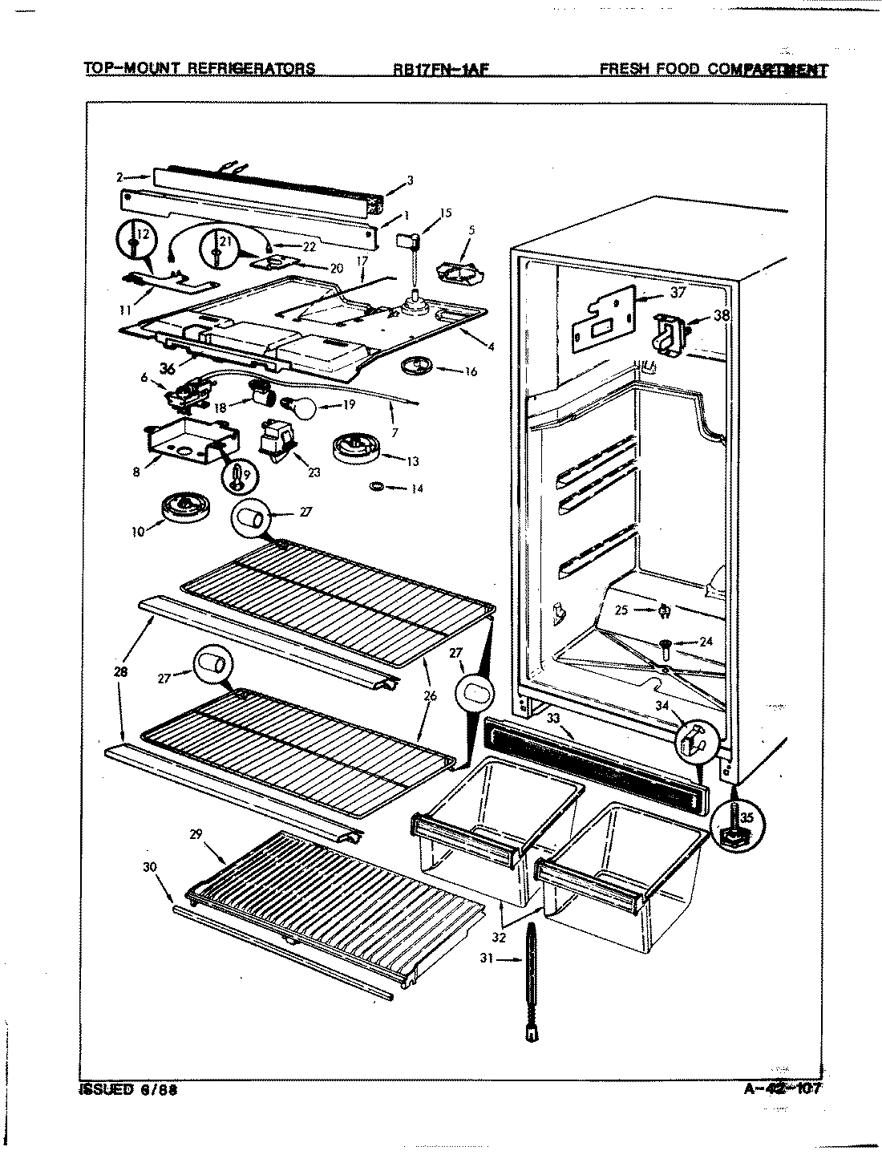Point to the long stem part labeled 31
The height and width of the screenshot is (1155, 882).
pyautogui.click(x=532, y=983)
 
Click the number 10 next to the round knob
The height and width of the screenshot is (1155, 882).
pyautogui.click(x=137, y=531)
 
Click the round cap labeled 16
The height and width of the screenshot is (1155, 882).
pyautogui.click(x=415, y=367)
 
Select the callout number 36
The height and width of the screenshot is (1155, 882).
pyautogui.click(x=167, y=368)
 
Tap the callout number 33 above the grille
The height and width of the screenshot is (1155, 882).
pyautogui.click(x=553, y=719)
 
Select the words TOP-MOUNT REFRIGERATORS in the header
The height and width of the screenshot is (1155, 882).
pyautogui.click(x=200, y=68)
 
